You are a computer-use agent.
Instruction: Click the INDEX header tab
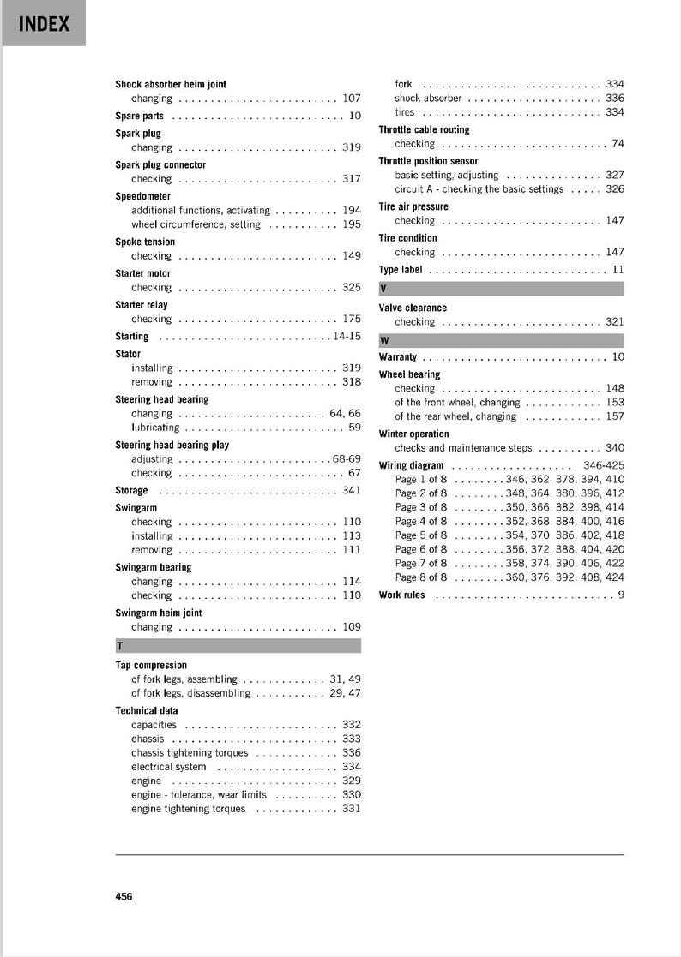(x=44, y=24)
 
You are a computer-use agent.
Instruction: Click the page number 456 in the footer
(x=124, y=896)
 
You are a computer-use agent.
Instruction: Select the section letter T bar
(x=238, y=646)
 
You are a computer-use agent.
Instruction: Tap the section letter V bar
(x=501, y=289)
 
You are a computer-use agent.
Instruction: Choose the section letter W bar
(x=501, y=340)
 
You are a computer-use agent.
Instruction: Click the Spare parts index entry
(x=140, y=116)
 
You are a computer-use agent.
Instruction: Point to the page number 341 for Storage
(x=351, y=491)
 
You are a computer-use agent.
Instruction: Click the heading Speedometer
(x=143, y=196)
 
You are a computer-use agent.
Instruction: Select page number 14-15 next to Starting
(x=347, y=337)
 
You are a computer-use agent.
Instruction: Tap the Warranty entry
(x=398, y=357)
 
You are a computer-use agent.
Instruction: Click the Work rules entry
(x=401, y=595)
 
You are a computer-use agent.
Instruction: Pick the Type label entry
(x=401, y=270)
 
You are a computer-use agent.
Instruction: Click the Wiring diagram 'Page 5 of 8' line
(x=421, y=535)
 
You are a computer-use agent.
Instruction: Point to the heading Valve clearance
(x=413, y=308)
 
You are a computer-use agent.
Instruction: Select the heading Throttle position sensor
(x=428, y=161)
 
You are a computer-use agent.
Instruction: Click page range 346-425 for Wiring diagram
(x=603, y=466)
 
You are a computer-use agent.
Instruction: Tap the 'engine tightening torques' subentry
(x=188, y=809)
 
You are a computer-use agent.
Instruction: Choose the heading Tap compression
(x=151, y=665)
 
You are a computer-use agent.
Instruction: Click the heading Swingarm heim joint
(x=159, y=613)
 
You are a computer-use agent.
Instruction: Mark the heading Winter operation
(x=413, y=434)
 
